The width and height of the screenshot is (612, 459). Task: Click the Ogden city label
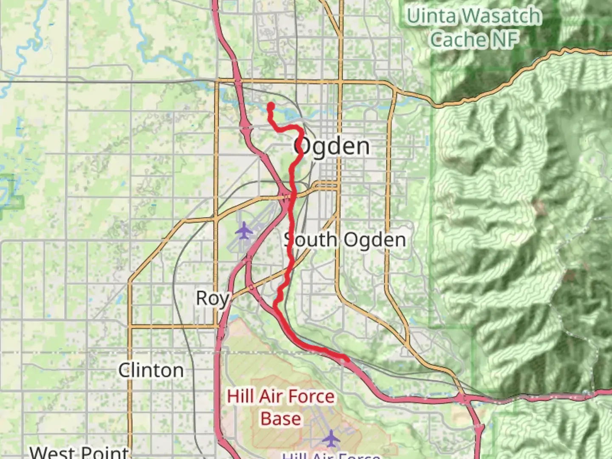coord(332,147)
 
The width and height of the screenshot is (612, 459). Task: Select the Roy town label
coord(212,298)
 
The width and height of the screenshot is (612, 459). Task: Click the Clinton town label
coord(151,371)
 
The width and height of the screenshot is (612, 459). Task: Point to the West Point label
coord(79,452)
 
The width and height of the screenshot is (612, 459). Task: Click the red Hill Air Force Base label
coord(280,407)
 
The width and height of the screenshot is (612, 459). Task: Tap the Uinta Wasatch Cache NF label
coord(474,28)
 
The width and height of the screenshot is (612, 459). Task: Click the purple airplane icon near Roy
coord(244,231)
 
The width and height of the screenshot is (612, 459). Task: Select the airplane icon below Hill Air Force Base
coord(331,438)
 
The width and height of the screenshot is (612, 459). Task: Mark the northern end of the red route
coord(270,105)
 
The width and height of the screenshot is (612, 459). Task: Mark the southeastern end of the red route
coord(347,360)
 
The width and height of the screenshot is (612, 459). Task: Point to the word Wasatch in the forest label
coord(501,16)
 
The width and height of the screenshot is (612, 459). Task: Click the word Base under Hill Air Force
coord(281,419)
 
